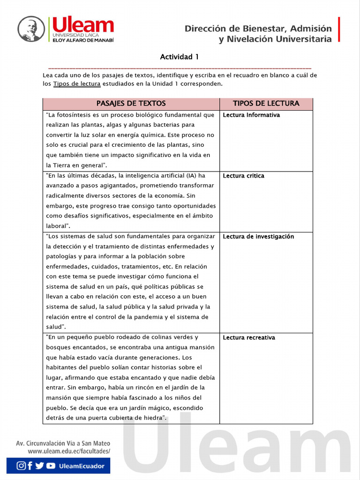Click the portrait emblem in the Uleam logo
31,29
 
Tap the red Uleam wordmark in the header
83,25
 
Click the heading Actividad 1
180,57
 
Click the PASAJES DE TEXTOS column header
131,104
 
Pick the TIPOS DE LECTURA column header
266,104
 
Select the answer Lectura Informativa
251,115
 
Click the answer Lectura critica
243,176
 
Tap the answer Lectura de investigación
258,237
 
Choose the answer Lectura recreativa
249,337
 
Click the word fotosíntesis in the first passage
74,115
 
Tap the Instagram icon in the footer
21,465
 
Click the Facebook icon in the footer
30,465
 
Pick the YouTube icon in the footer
51,465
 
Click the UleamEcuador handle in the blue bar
82,466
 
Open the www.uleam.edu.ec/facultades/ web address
69,451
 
